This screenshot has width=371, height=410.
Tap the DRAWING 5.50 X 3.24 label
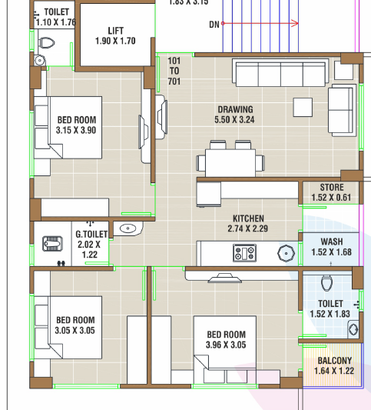[x=234, y=115]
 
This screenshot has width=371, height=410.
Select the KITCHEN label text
[x=248, y=218]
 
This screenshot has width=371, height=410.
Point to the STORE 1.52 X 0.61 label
[x=331, y=192]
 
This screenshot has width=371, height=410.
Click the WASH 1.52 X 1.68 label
[x=332, y=247]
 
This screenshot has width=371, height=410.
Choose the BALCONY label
[x=334, y=361]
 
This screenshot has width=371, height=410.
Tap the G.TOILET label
[x=91, y=234]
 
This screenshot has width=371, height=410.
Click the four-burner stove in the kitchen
[x=244, y=253]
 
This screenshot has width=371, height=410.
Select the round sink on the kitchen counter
[x=287, y=253]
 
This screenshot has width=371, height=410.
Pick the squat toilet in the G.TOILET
[x=53, y=244]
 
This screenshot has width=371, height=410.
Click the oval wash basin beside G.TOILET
[x=128, y=228]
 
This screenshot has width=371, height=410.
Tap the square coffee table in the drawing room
[x=303, y=107]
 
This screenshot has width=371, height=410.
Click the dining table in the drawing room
[x=230, y=162]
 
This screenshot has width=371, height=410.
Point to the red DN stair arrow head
[x=295, y=23]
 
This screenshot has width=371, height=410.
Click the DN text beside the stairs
[x=214, y=25]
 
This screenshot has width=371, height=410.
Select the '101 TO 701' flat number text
[x=174, y=71]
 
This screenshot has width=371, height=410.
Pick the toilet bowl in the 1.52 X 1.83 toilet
[x=326, y=282]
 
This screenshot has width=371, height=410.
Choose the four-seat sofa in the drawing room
[x=280, y=72]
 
